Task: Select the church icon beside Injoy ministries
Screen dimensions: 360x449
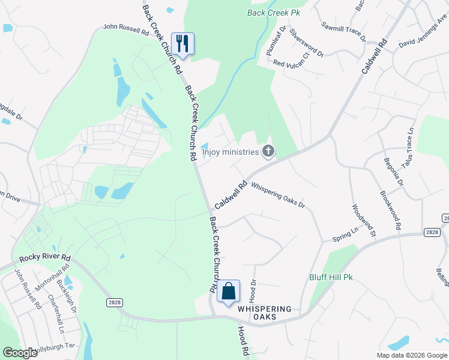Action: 268,152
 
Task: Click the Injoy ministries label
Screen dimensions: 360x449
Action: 230,152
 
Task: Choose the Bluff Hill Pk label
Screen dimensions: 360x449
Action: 331,277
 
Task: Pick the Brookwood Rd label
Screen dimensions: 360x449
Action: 391,211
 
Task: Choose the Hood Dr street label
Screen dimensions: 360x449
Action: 253,290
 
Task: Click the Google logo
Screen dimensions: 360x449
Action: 20,353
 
